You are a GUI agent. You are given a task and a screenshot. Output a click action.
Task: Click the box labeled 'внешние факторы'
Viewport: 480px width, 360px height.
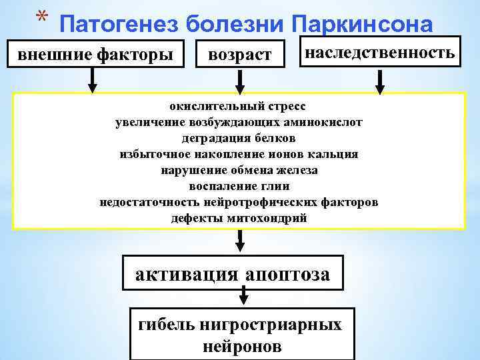click(93, 53)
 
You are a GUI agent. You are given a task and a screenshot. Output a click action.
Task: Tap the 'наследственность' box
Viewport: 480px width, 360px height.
click(380, 52)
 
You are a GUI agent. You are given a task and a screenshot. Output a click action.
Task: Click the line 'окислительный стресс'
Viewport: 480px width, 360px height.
click(239, 106)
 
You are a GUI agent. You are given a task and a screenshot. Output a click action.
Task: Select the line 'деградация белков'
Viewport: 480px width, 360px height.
click(239, 138)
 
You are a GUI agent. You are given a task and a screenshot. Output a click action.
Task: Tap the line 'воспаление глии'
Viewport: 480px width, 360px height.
click(239, 186)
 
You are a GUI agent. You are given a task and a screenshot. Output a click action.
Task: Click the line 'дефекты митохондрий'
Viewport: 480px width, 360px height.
click(239, 218)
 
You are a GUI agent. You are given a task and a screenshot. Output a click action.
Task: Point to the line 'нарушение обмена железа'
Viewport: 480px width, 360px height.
click(239, 170)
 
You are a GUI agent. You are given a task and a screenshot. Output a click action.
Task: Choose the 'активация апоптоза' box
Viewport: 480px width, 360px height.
click(233, 274)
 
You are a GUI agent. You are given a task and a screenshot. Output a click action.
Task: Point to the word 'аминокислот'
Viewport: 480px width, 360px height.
click(328, 122)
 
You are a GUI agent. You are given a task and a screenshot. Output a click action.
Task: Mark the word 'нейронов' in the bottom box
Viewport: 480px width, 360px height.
click(241, 347)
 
